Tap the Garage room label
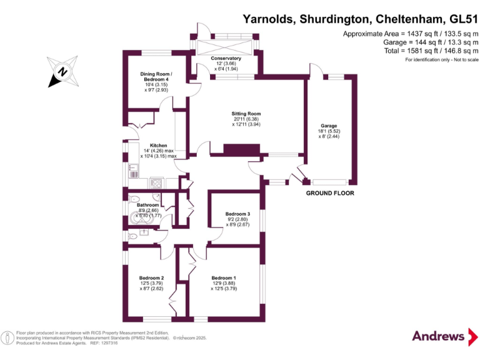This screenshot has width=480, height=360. [329, 126]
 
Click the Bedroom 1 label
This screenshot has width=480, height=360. [224, 277]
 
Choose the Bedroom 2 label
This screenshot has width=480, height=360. [152, 277]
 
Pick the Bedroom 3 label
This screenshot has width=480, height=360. [237, 214]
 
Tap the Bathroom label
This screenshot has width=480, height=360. [147, 205]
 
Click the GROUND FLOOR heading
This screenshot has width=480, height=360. [330, 193]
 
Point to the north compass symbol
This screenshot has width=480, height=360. [62, 71]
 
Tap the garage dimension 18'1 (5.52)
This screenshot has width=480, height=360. [329, 131]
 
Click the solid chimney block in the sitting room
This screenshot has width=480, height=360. [241, 150]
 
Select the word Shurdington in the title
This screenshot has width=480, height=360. [341, 19]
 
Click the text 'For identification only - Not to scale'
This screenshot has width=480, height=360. [441, 60]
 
